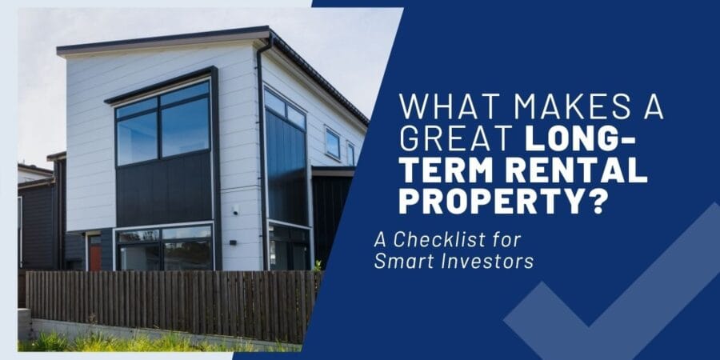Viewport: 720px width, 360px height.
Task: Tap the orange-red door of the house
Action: click(x=95, y=257)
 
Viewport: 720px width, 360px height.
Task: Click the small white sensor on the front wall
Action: click(x=235, y=209)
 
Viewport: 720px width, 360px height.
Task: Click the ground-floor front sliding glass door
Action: click(x=164, y=250)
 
